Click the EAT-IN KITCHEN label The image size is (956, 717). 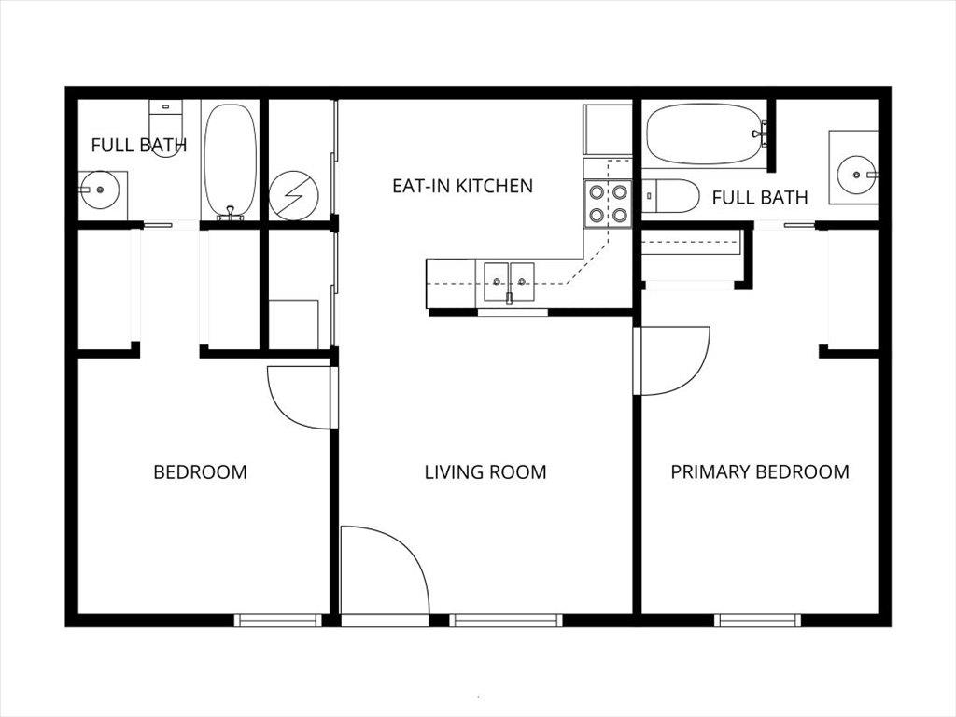[x=462, y=186]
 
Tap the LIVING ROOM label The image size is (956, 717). [x=485, y=471]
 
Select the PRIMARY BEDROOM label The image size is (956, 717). [x=760, y=471]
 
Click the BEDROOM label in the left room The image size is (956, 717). [x=200, y=471]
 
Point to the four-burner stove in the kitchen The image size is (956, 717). [x=608, y=204]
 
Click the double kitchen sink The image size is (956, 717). [x=509, y=282]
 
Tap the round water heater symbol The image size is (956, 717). [x=294, y=195]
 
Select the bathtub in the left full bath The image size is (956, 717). [x=231, y=161]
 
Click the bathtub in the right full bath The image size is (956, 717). [x=704, y=134]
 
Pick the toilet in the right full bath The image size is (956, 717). [x=670, y=196]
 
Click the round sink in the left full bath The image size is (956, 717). [x=99, y=190]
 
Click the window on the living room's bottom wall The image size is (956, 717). [x=505, y=621]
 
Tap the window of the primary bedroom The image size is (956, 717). [x=757, y=621]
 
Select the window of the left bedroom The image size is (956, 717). [x=278, y=621]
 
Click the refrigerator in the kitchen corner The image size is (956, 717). [x=607, y=129]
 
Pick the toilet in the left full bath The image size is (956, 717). [x=166, y=128]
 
